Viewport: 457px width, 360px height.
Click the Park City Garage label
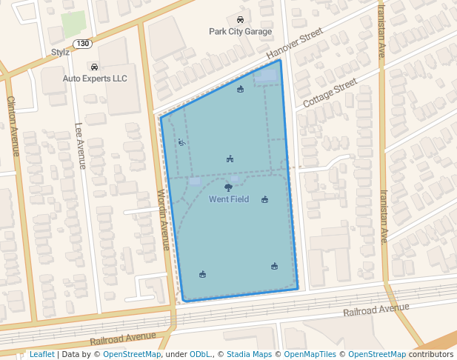point(240,32)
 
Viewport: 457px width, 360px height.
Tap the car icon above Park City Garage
point(240,20)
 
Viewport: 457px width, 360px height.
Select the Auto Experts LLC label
point(95,79)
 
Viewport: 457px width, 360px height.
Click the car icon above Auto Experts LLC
point(94,67)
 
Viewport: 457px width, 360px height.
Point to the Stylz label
point(60,52)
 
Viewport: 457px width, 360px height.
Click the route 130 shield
point(83,44)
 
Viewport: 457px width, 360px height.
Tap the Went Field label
point(228,199)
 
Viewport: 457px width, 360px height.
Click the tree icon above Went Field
point(228,188)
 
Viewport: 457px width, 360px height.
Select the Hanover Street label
point(295,44)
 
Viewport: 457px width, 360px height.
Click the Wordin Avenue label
point(164,219)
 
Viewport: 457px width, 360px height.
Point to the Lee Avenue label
point(81,146)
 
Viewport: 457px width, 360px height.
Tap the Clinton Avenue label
point(12,126)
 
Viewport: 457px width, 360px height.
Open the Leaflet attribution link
point(41,355)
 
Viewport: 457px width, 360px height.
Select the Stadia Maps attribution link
point(249,355)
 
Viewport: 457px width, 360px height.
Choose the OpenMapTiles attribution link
point(310,355)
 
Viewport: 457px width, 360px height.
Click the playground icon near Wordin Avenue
point(182,142)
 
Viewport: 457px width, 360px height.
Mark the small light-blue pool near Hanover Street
point(266,76)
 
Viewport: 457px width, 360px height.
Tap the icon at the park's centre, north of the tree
point(230,159)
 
